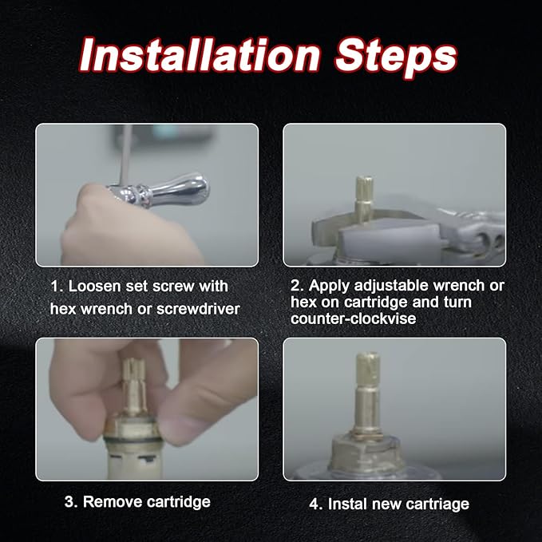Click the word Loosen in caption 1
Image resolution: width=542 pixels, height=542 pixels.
[x=96, y=286]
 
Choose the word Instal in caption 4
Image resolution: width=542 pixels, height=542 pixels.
[x=347, y=503]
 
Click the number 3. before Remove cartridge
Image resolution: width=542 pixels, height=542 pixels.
[x=70, y=502]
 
